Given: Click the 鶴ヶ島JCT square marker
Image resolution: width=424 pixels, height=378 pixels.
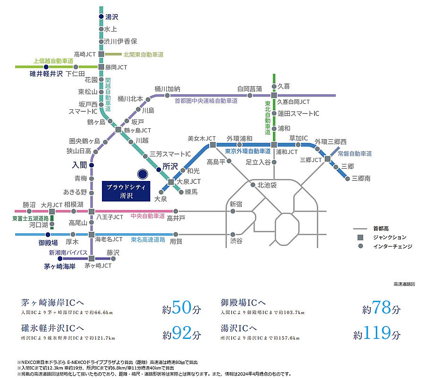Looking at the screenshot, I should point(119,129).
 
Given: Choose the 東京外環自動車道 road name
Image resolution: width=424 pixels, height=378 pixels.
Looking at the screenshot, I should point(248,151).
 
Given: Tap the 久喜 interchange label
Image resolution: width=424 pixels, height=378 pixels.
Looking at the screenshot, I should point(284,86).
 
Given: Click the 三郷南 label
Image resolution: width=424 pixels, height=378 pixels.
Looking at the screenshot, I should point(361,178).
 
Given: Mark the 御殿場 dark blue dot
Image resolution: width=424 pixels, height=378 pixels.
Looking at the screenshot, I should point(48,234).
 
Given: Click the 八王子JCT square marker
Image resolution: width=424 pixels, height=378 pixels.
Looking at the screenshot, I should point(92,211).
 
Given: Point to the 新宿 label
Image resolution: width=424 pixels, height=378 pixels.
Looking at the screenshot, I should point(236,204).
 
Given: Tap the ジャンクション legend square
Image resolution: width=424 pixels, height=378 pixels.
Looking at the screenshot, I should point(361,237).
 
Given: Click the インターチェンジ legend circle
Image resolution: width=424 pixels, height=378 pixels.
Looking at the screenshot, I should point(361,246).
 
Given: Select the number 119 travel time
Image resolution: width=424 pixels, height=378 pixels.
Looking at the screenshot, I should point(378,334).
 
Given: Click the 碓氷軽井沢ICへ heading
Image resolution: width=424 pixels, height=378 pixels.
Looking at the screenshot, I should point(52,328).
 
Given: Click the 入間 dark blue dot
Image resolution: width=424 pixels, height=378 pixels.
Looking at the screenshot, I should point(92,165).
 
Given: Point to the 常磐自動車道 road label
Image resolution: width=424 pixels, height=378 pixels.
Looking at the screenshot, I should point(355,154).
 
